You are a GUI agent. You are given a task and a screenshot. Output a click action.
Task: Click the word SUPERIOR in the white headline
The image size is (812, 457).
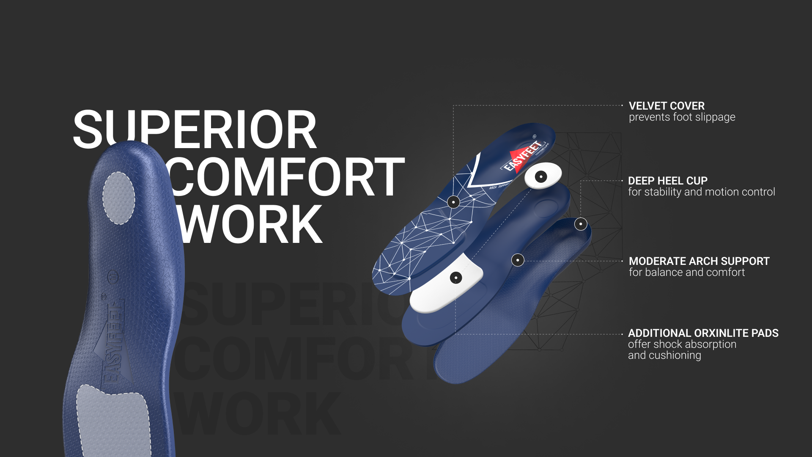[195, 129]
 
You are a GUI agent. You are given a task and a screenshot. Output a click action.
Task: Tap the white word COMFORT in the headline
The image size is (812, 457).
[288, 177]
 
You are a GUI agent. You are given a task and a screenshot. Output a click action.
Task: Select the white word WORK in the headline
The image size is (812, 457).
[251, 224]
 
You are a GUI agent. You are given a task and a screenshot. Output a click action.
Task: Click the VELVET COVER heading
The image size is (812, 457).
[667, 106]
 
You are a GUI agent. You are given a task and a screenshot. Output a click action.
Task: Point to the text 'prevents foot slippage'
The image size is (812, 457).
[682, 117]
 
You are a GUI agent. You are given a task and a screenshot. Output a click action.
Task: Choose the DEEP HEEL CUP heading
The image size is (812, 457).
[667, 181]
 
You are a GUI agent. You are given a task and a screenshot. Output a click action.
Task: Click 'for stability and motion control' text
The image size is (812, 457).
[701, 192]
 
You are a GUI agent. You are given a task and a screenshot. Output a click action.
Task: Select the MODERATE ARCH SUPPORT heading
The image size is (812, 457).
[699, 261]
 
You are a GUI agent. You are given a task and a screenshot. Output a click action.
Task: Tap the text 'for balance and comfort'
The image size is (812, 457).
[686, 273]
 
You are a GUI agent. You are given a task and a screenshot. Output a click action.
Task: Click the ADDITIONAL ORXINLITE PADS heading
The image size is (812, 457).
[703, 333]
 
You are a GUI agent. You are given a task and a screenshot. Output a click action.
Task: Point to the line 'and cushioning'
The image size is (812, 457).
[664, 355]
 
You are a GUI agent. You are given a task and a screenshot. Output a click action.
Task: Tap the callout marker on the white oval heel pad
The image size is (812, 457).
[541, 176]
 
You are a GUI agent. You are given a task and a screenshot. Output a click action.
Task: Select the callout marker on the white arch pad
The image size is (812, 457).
[455, 278]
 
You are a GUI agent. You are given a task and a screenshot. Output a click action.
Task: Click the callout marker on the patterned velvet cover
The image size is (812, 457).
[453, 202]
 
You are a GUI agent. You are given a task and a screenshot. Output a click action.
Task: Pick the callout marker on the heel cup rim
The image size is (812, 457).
[581, 224]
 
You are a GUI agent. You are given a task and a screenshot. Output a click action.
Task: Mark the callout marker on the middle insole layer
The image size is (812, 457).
[518, 260]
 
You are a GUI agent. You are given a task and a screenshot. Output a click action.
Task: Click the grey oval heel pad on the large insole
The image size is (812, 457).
[119, 198]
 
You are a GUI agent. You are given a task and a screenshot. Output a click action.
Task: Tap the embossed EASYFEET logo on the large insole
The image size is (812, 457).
[114, 343]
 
